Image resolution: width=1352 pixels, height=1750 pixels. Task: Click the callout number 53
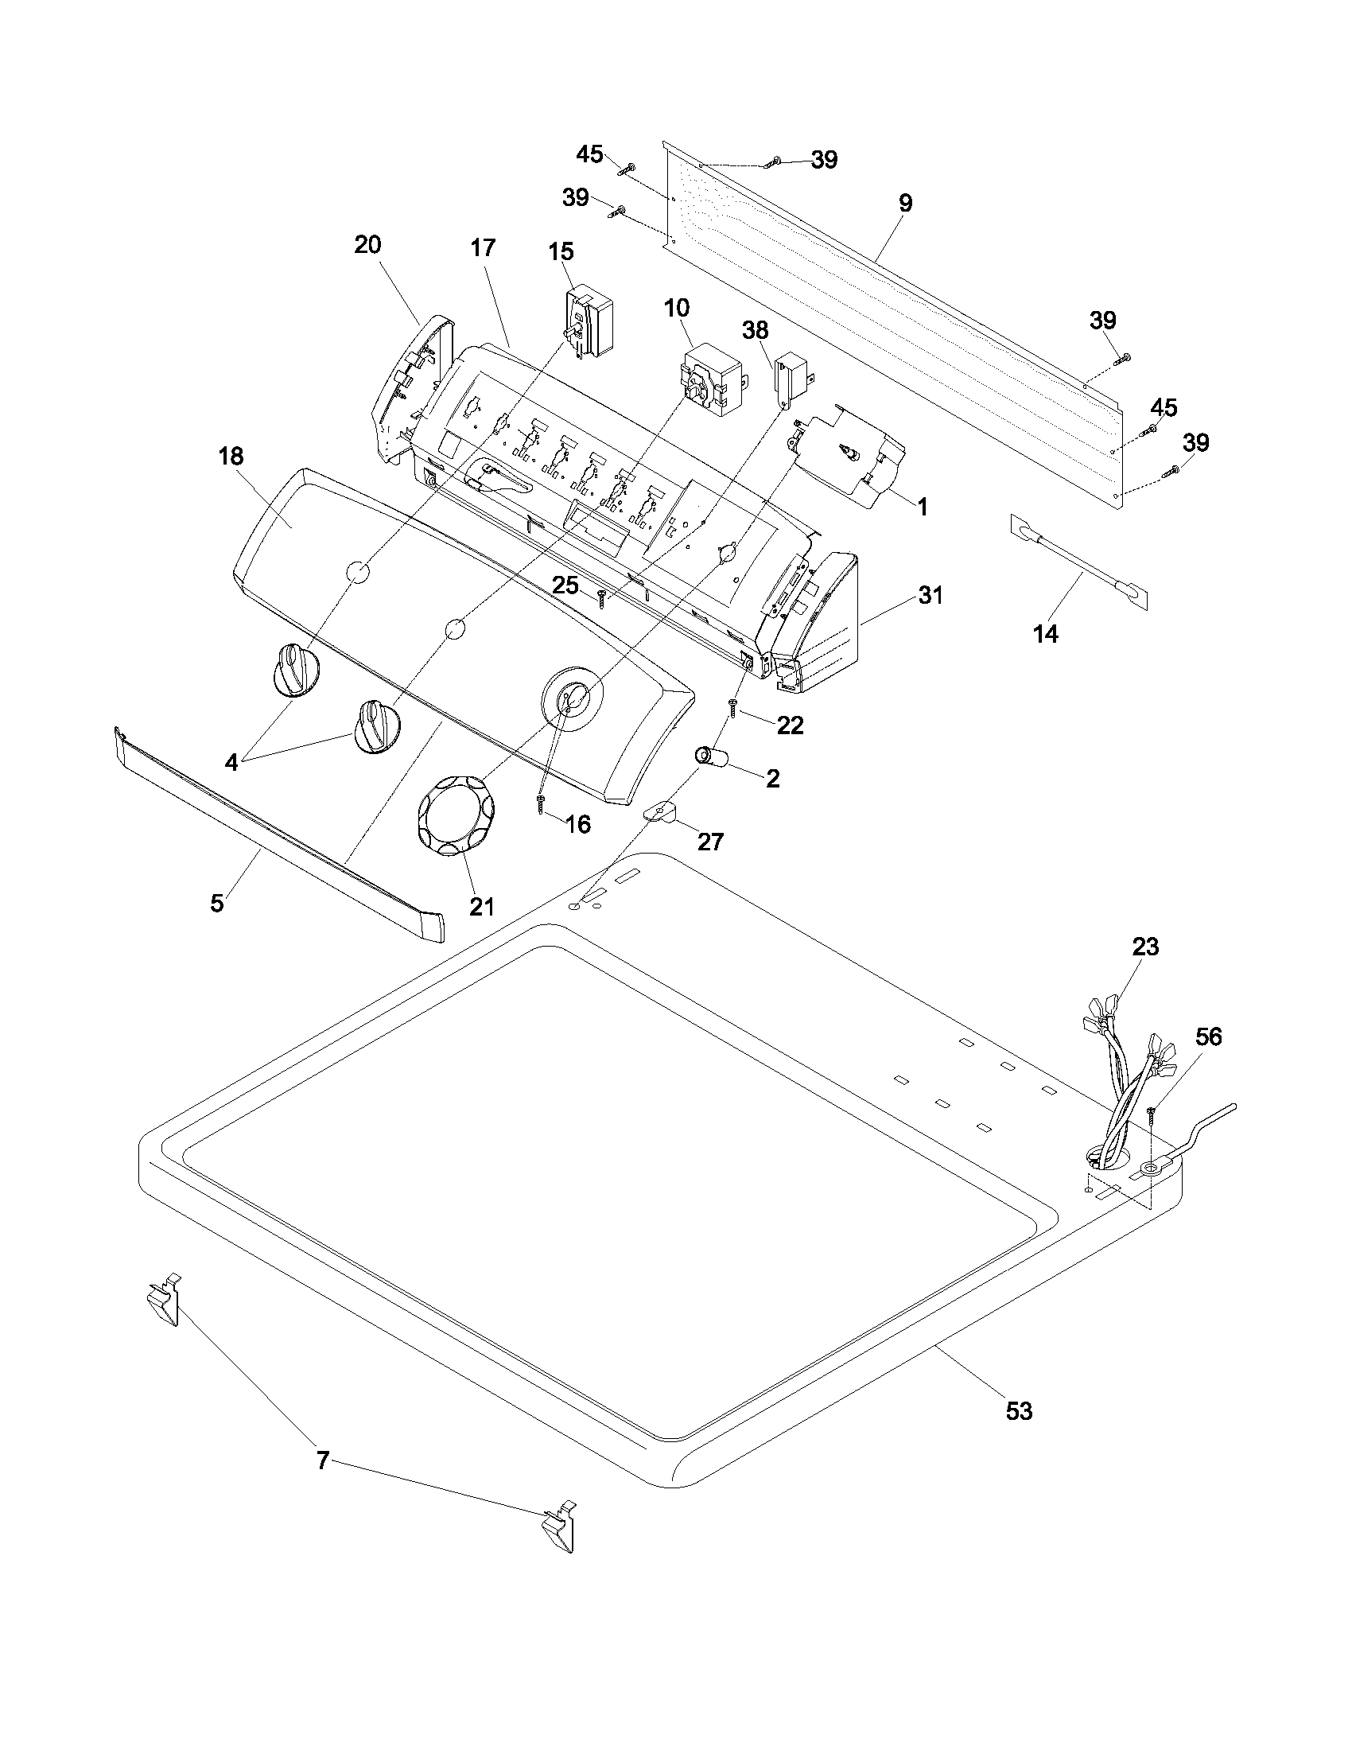point(1019,1411)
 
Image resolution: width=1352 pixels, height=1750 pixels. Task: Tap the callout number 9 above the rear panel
point(905,203)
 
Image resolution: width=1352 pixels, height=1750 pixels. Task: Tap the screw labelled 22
point(732,706)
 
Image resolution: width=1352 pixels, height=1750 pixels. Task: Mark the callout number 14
point(1046,634)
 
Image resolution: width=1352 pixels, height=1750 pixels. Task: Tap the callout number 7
point(323,1460)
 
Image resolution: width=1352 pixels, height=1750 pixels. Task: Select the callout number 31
point(930,595)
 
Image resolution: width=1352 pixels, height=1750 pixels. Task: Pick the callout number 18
point(231,456)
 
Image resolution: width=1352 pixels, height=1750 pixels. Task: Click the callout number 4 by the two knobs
point(231,762)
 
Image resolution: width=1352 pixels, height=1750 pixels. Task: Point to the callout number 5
point(217,903)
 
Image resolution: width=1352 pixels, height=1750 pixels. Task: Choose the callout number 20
point(367,244)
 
